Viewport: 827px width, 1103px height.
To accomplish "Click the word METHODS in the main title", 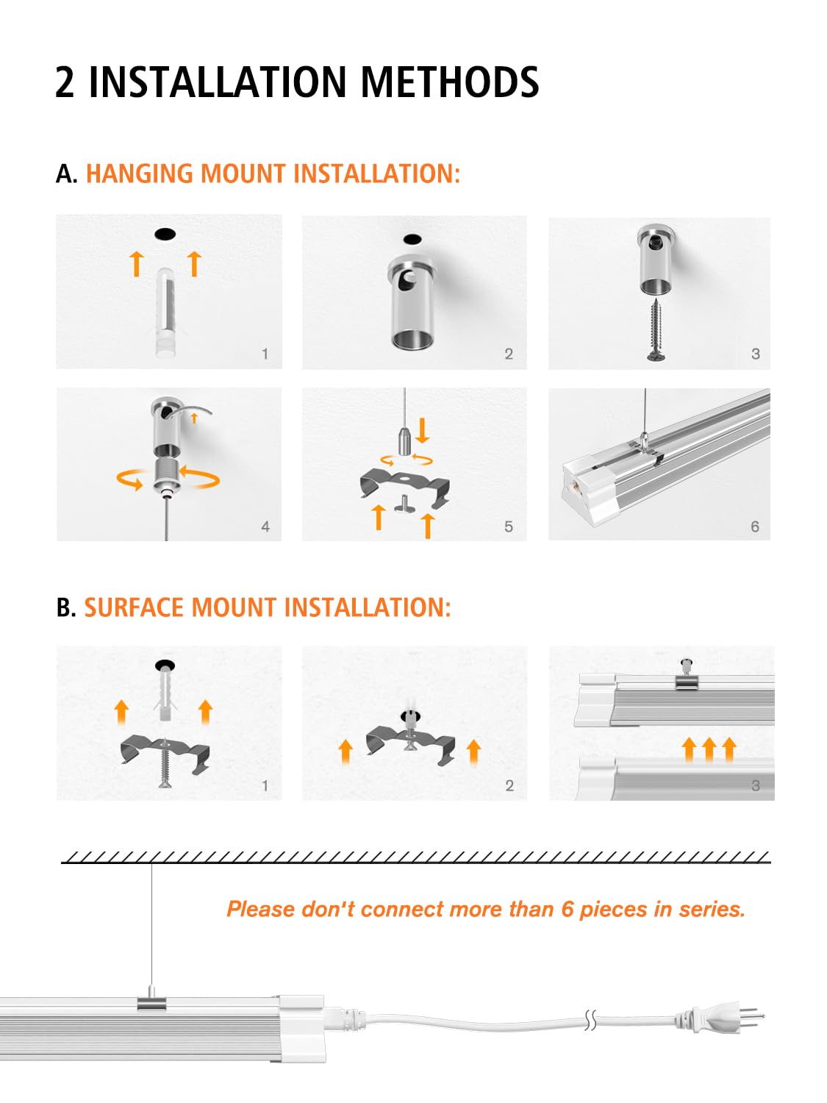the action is tap(449, 82).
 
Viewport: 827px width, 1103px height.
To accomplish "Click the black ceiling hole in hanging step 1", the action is tap(165, 234).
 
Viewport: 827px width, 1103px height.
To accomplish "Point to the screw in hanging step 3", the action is tap(658, 329).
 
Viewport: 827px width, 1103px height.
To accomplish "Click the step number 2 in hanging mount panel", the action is tap(509, 354).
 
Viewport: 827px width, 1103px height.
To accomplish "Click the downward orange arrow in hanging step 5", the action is tap(422, 430).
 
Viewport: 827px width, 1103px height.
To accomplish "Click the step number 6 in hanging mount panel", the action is tap(755, 526).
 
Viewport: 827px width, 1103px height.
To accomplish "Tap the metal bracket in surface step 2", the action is tap(410, 745).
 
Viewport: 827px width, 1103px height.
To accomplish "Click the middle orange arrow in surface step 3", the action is tap(709, 749).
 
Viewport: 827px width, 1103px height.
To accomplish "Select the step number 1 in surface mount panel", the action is tap(265, 785).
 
